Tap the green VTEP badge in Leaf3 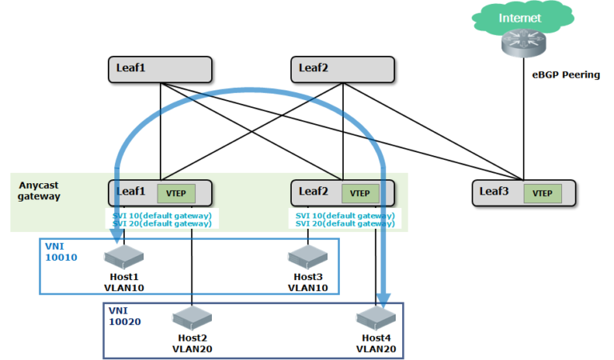pos(543,193)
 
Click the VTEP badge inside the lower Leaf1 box pos(175,193)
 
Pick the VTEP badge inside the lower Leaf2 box pos(360,193)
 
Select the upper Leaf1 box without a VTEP pos(159,69)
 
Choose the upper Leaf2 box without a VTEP pos(342,69)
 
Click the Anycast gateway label pos(41,190)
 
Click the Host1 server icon pos(122,257)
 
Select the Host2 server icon pos(192,318)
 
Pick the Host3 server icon pos(307,257)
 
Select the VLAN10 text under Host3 pos(307,286)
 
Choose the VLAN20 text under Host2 pos(193,348)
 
